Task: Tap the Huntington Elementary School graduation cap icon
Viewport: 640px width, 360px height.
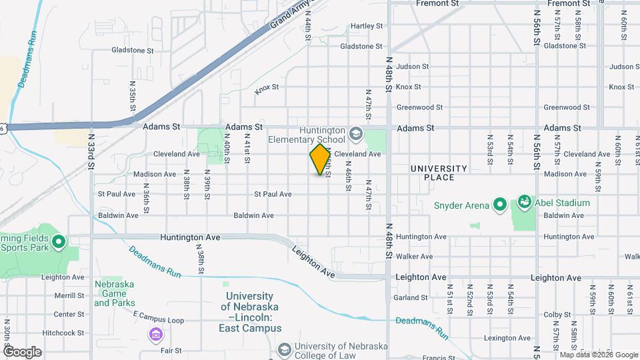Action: (x=356, y=133)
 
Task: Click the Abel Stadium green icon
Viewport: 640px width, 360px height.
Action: (x=524, y=201)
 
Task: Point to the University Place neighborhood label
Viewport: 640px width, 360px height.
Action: (x=438, y=173)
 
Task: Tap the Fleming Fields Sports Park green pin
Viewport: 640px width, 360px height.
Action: (x=57, y=241)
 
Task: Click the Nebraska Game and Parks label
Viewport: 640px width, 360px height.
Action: (x=114, y=293)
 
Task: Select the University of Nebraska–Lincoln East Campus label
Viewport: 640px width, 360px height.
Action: (x=251, y=312)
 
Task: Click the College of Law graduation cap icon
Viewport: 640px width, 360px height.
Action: (x=285, y=350)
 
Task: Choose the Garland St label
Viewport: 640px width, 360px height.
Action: (x=410, y=297)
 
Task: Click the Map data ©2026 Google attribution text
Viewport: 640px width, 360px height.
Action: (x=598, y=354)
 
